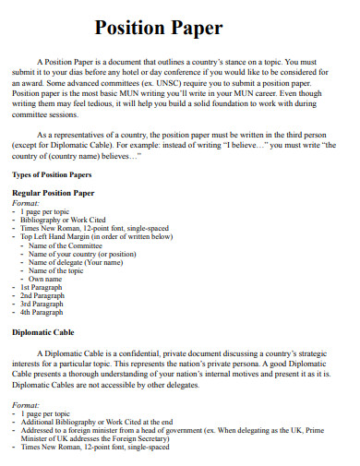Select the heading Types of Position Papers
coord(52,173)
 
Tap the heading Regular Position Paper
coord(53,193)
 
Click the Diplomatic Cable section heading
coord(42,331)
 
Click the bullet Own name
coord(45,278)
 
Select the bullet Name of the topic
coord(63,269)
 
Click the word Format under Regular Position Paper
coord(25,202)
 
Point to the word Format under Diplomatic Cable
coord(25,404)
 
